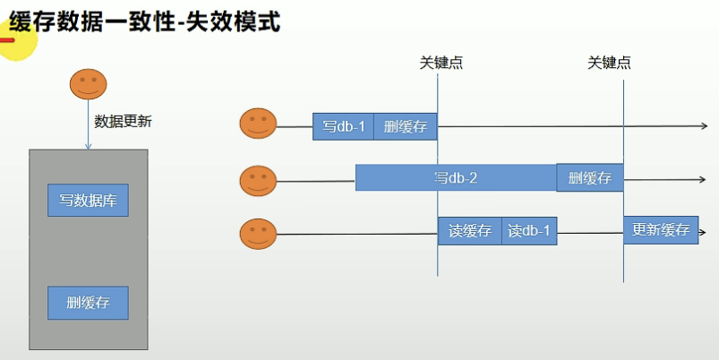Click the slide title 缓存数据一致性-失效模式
pos(144,21)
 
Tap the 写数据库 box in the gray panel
pos(88,200)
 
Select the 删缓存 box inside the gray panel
pos(88,303)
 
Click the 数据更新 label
pos(123,122)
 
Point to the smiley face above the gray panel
pos(88,84)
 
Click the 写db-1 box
pos(344,126)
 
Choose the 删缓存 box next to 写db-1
pos(406,126)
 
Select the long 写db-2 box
pos(456,177)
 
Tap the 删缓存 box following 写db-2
pos(590,177)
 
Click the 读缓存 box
pos(470,231)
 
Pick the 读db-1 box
pos(529,231)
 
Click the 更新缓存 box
pos(661,230)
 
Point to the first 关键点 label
pos(441,63)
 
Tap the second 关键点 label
pos(609,63)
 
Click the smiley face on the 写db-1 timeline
pos(258,123)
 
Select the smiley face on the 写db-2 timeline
pos(258,181)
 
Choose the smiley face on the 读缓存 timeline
pos(258,234)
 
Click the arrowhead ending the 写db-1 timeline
pos(705,126)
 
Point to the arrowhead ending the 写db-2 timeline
pos(703,179)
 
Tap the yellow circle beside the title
pos(16,40)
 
